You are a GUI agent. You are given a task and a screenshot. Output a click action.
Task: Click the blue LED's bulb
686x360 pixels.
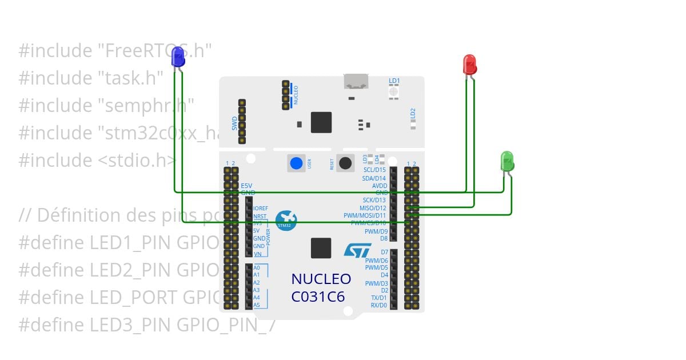click(178, 57)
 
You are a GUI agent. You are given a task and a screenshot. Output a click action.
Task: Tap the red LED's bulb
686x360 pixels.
click(469, 63)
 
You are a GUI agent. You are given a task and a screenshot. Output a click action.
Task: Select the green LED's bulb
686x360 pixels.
click(507, 161)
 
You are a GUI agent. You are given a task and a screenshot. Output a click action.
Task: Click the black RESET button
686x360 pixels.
click(345, 163)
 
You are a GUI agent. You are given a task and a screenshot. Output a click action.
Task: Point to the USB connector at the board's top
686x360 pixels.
click(356, 82)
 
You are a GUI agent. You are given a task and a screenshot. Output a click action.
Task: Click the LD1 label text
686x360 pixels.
click(394, 81)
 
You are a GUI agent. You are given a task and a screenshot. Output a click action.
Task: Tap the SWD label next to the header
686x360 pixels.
click(234, 122)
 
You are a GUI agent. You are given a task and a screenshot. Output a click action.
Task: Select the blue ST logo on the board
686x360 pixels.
click(357, 250)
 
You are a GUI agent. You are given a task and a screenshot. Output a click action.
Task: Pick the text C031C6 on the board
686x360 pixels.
click(318, 297)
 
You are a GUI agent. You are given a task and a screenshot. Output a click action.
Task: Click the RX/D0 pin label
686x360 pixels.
click(378, 305)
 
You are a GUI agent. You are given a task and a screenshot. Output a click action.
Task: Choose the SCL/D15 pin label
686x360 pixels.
click(374, 170)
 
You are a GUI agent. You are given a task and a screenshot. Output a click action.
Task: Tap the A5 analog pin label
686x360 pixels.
click(257, 305)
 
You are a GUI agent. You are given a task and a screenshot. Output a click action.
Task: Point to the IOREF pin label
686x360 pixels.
click(261, 209)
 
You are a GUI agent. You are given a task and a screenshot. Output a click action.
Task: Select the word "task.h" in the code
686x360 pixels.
click(130, 78)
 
